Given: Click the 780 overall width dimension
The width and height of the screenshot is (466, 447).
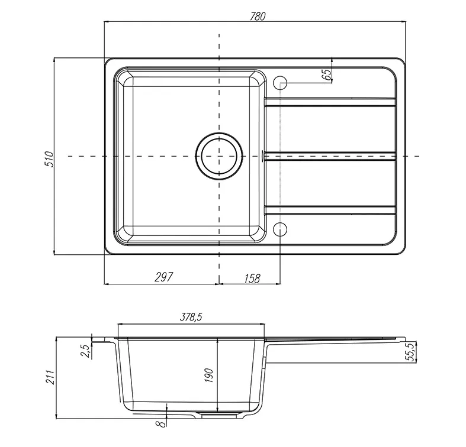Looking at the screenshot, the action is [258, 17].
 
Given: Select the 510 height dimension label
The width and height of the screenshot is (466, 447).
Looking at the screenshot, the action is [49, 160].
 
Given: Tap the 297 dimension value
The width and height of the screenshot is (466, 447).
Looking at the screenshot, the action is [163, 277].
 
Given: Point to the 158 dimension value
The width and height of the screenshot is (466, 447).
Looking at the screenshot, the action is [252, 278].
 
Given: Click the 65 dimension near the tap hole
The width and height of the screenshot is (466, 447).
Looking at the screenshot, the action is [326, 74].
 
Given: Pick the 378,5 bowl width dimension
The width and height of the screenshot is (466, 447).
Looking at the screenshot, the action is [191, 318].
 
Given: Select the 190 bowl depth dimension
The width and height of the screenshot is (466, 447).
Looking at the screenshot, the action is [209, 375].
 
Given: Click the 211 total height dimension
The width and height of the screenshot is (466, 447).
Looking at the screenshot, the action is [50, 377].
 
